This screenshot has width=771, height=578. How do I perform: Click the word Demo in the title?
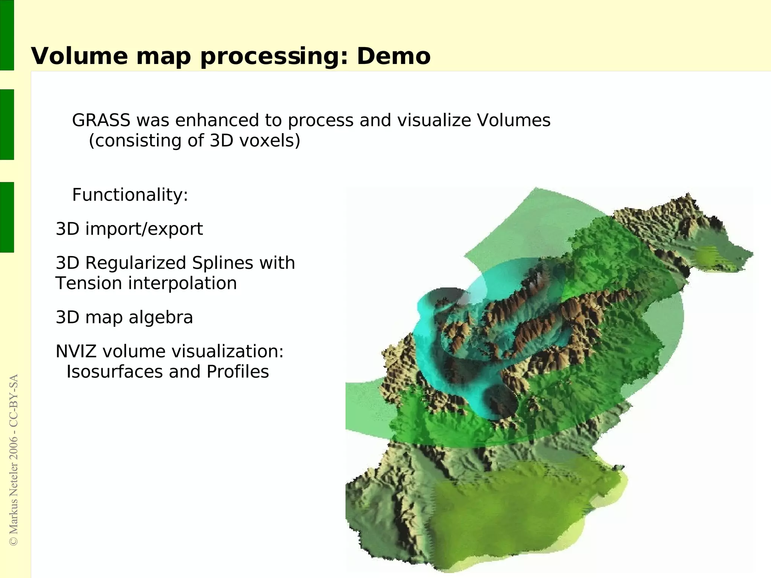point(393,56)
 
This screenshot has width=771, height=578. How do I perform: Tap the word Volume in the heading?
point(79,56)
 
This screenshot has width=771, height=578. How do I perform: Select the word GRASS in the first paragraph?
point(101,120)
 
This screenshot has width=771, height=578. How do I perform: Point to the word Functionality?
point(130,195)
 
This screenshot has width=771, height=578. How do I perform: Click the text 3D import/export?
point(129,229)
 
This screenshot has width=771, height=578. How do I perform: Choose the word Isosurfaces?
point(114,372)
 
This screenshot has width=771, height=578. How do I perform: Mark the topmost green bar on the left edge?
point(7,35)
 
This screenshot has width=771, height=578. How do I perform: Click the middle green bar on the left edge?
point(7,124)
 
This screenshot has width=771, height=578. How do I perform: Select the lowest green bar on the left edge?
point(7,217)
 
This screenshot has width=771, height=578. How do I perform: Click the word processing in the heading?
point(274,56)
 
